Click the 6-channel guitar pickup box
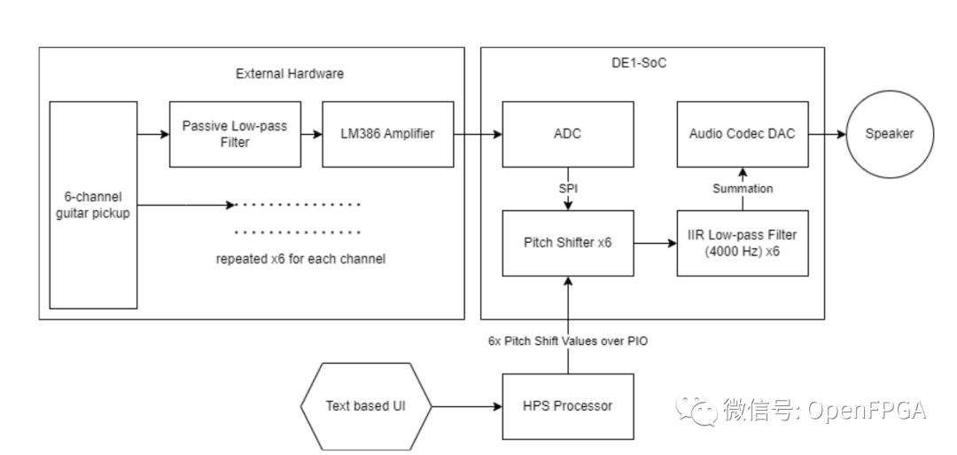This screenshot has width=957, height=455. point(93,204)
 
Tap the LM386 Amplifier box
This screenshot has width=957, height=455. point(387,134)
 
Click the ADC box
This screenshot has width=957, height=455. point(568,134)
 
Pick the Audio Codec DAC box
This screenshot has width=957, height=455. point(743,134)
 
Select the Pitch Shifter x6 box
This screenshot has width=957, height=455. point(568,243)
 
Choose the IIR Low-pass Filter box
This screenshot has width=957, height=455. point(743,243)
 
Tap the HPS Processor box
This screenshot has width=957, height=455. point(568,406)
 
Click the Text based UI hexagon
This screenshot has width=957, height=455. point(366,406)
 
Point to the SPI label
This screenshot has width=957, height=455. point(568,188)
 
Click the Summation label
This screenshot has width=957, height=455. point(743,188)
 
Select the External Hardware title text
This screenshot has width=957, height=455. point(289,74)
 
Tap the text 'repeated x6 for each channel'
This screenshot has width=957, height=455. point(298,260)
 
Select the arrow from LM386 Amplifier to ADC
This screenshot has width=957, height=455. point(478,134)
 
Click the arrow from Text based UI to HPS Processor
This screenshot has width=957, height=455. point(466,406)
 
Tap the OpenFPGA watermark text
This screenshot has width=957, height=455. point(824,409)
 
